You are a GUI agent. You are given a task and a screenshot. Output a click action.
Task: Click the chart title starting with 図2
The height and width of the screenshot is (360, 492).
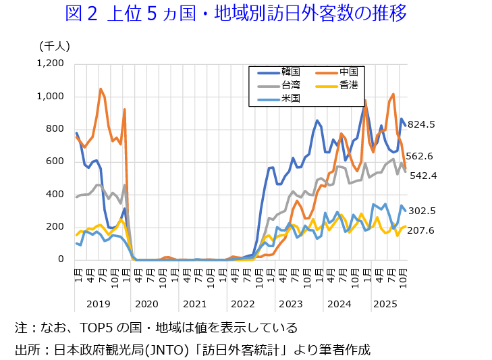coord(236,14)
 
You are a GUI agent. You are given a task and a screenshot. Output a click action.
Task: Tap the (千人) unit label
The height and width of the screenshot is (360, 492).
coord(55,45)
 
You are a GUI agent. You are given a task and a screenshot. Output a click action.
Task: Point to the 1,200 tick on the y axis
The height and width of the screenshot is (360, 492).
coord(51,63)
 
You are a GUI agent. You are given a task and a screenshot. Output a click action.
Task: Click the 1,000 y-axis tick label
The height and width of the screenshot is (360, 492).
coord(51,96)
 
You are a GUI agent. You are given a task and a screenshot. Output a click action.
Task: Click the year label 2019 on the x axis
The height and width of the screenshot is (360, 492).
coord(99,304)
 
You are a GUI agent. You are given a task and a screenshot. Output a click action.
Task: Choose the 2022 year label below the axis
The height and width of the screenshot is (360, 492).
coord(242,304)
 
